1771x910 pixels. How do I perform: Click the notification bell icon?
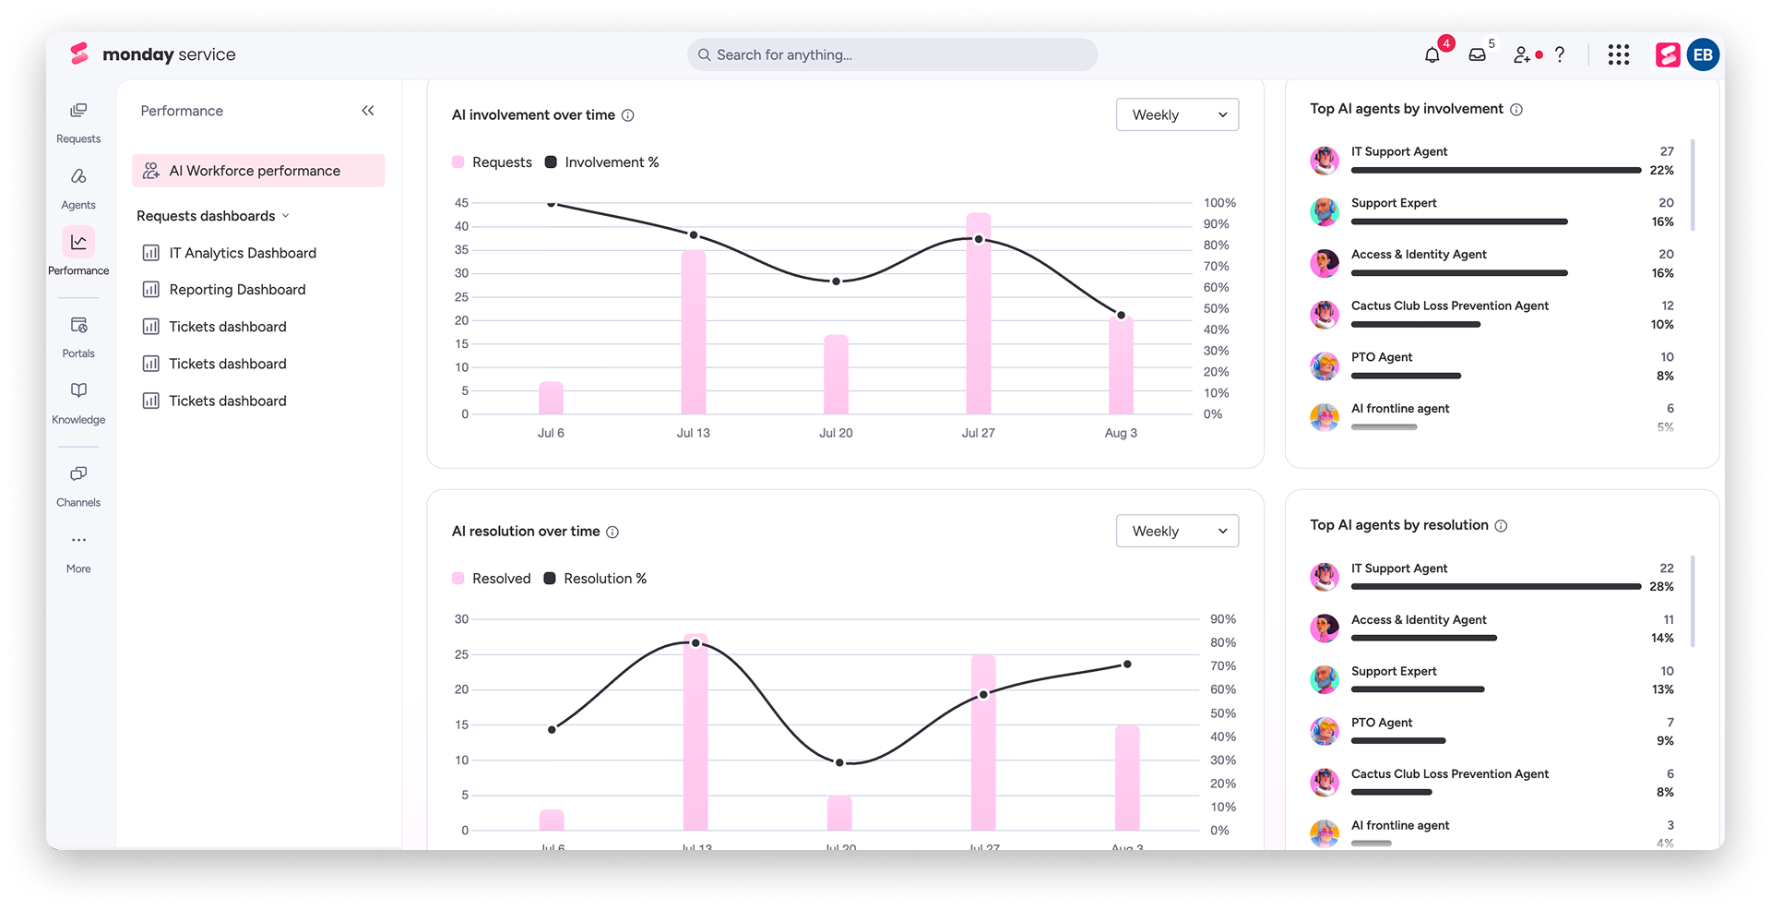[1432, 55]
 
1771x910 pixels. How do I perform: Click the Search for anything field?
[892, 54]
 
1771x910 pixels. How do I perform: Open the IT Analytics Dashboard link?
[243, 253]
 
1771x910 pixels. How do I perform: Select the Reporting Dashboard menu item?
[237, 290]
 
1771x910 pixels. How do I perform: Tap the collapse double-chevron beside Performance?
[368, 111]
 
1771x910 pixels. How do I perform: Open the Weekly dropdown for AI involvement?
[1177, 114]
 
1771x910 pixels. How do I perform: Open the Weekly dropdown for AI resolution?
[1177, 531]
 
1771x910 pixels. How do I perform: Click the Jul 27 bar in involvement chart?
[979, 314]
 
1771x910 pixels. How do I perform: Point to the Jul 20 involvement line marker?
[836, 281]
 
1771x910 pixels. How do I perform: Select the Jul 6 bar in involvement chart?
[551, 398]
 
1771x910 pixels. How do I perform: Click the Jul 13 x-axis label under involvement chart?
[694, 433]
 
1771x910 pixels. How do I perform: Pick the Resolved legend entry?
[492, 579]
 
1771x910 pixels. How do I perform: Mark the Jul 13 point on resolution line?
[695, 642]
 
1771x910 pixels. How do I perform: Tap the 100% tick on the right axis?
[1219, 203]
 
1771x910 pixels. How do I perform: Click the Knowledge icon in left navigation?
[78, 390]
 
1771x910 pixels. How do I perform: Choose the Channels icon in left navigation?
[78, 473]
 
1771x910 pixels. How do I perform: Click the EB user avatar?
[1703, 55]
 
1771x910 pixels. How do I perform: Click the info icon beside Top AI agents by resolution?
[1501, 526]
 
